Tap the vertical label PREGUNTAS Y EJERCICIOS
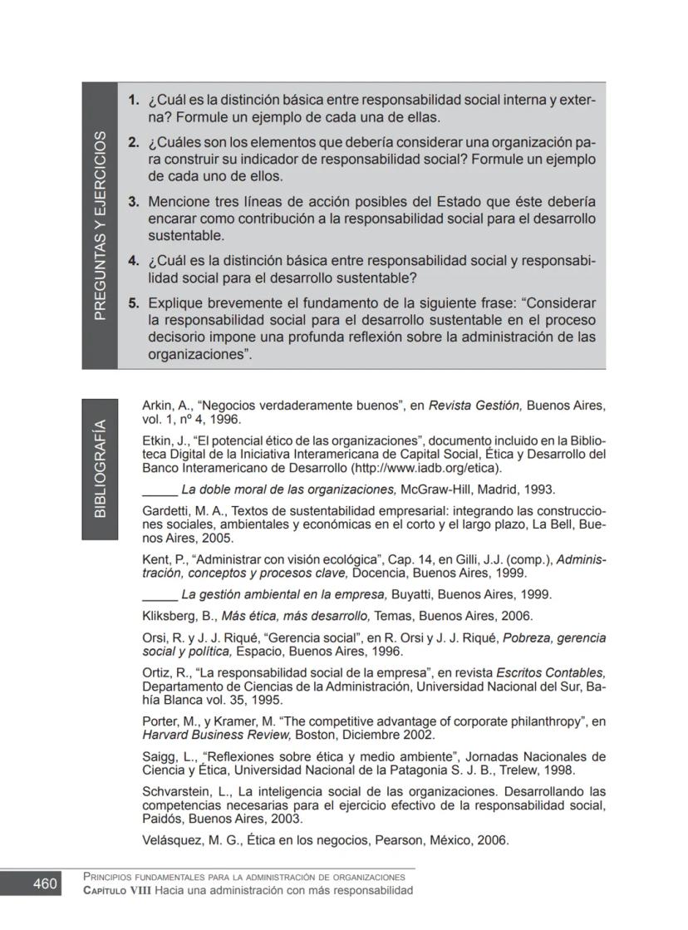tap(100, 225)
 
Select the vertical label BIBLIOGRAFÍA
tap(100, 469)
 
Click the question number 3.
tap(133, 202)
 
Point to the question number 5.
tap(133, 303)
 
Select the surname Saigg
tap(160, 756)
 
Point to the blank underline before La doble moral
tap(160, 490)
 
